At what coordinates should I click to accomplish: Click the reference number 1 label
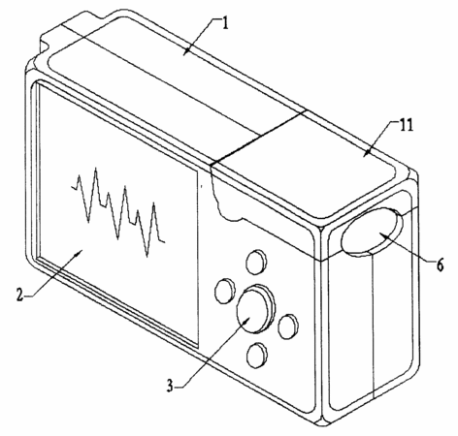pyautogui.click(x=225, y=24)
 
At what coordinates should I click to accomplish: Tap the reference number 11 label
pyautogui.click(x=407, y=125)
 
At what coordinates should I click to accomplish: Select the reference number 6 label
pyautogui.click(x=440, y=265)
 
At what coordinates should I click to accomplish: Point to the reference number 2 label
pyautogui.click(x=20, y=295)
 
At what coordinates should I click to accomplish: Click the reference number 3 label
pyautogui.click(x=171, y=386)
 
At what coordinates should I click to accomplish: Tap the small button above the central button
pyautogui.click(x=256, y=262)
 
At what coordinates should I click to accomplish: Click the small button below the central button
pyautogui.click(x=256, y=355)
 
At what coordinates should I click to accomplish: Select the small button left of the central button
pyautogui.click(x=225, y=291)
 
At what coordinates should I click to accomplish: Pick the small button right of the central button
pyautogui.click(x=288, y=327)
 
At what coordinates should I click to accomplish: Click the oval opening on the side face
pyautogui.click(x=372, y=232)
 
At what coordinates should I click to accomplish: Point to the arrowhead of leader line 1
pyautogui.click(x=185, y=53)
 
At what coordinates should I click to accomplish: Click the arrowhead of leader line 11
pyautogui.click(x=366, y=153)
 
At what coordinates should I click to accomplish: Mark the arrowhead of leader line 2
pyautogui.click(x=78, y=254)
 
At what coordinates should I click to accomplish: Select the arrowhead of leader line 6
pyautogui.click(x=381, y=234)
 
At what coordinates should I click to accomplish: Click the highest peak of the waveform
pyautogui.click(x=95, y=168)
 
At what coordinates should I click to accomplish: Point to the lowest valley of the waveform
pyautogui.click(x=147, y=256)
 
